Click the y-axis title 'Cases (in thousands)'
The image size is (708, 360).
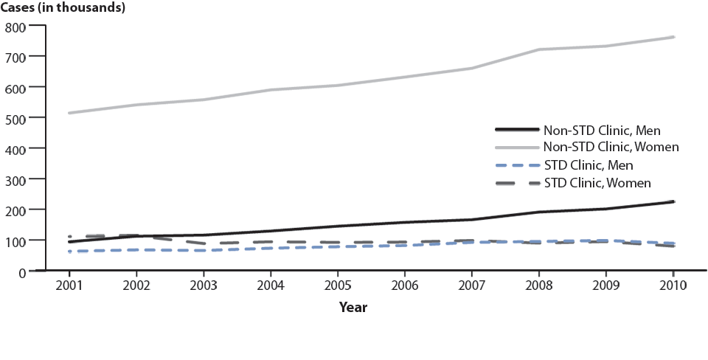(x=62, y=8)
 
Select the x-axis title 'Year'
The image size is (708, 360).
(x=353, y=307)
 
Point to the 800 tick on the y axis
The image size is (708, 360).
(x=15, y=27)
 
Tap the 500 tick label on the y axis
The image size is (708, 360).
(x=15, y=118)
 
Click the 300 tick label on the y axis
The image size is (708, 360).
(x=15, y=180)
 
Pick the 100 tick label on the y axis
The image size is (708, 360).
(x=15, y=241)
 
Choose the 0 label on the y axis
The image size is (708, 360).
(x=22, y=272)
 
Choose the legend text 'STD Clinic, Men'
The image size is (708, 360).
(x=589, y=165)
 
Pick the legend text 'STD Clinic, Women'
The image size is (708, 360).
(x=597, y=181)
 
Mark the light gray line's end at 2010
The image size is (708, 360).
(x=673, y=37)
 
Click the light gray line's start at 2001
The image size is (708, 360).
(x=69, y=113)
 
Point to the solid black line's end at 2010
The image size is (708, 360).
(x=673, y=201)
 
